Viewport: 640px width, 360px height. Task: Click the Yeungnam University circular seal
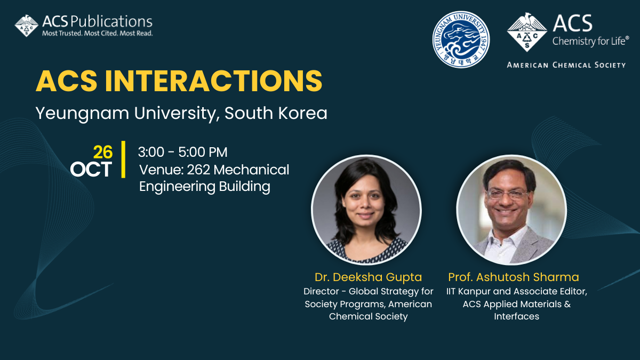[461, 39]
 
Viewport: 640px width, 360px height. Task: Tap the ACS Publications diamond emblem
[26, 26]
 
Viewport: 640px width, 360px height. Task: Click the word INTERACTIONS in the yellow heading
[214, 81]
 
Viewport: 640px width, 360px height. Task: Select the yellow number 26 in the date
[103, 152]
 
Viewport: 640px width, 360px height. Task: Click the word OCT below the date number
[91, 169]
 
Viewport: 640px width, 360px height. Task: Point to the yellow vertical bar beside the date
[123, 159]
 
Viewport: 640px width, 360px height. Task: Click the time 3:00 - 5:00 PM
[182, 152]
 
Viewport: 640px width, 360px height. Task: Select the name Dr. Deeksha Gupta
[369, 277]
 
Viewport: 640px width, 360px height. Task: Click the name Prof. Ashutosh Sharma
[514, 277]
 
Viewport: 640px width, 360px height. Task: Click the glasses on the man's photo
[507, 195]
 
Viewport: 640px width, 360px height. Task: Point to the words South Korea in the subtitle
[276, 113]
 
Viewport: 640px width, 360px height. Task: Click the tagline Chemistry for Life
[590, 42]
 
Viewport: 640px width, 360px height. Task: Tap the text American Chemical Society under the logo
[566, 65]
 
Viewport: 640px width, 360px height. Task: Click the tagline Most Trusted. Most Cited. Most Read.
[98, 34]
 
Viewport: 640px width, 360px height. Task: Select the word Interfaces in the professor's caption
[517, 316]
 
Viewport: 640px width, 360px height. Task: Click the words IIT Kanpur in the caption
[468, 291]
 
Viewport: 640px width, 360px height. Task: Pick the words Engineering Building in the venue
[205, 187]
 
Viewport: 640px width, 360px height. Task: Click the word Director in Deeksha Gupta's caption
[321, 291]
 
